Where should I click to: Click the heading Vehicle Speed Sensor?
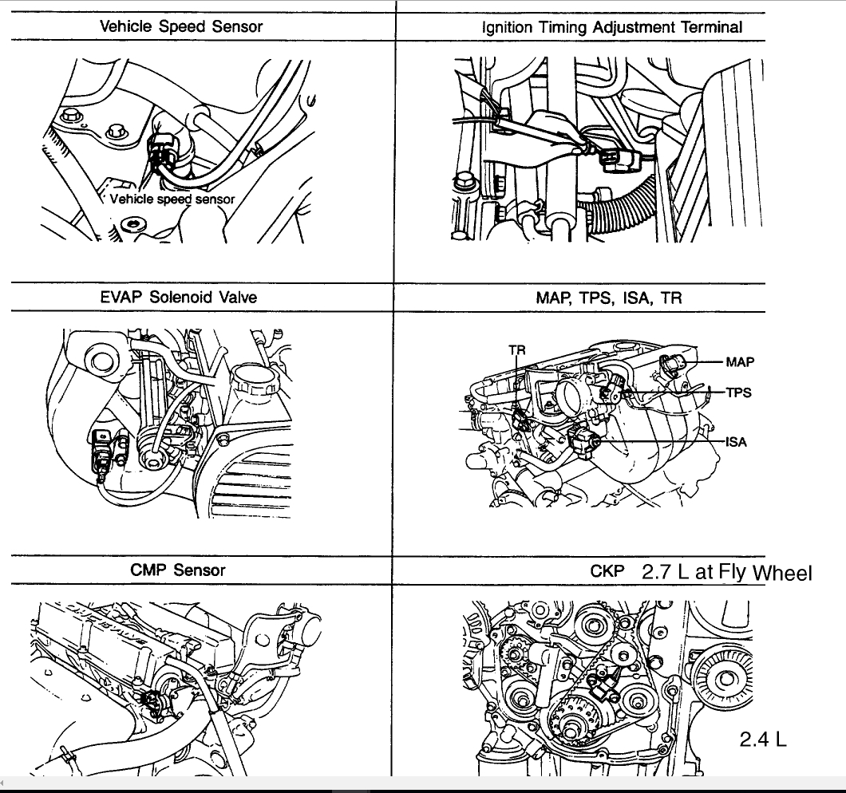pyautogui.click(x=181, y=26)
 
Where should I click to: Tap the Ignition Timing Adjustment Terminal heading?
pyautogui.click(x=612, y=27)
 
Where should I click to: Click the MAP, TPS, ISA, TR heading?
pyautogui.click(x=609, y=298)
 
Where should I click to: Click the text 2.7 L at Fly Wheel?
pyautogui.click(x=726, y=572)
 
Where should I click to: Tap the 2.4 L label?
pyautogui.click(x=763, y=739)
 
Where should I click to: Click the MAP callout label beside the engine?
pyautogui.click(x=740, y=361)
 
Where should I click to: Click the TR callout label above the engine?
pyautogui.click(x=516, y=350)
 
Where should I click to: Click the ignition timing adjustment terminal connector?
pyautogui.click(x=615, y=160)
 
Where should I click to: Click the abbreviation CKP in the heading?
pyautogui.click(x=606, y=571)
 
